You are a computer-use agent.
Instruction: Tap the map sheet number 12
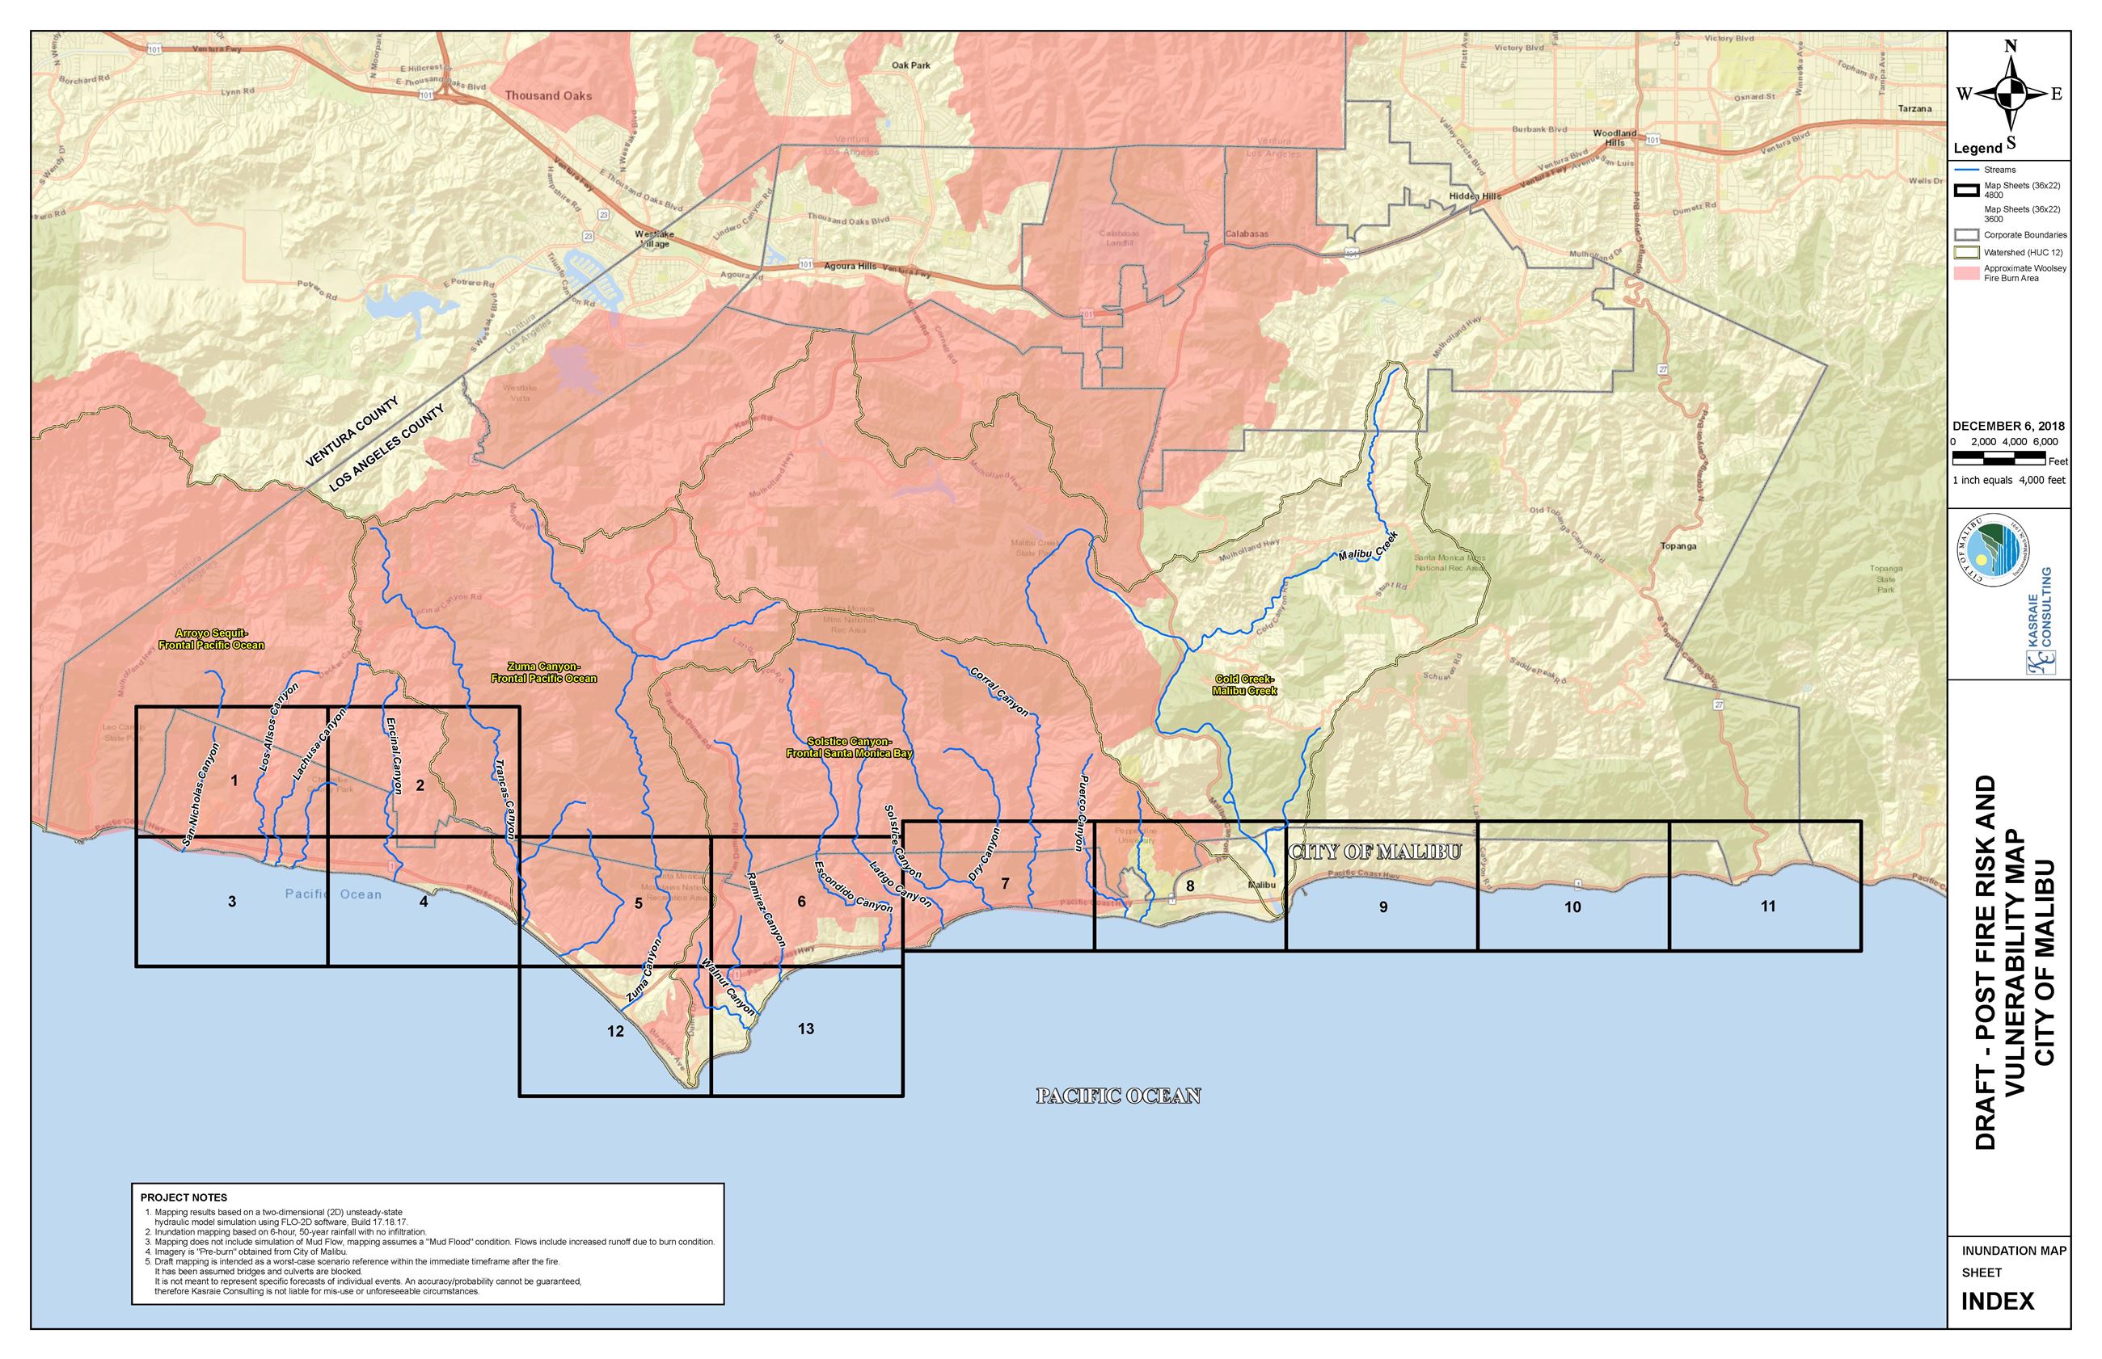click(x=615, y=1031)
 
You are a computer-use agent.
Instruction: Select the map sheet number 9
click(x=1382, y=907)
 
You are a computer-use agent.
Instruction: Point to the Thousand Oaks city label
click(x=548, y=95)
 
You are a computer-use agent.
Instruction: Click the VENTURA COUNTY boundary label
click(x=352, y=431)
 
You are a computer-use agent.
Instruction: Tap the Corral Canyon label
click(x=999, y=690)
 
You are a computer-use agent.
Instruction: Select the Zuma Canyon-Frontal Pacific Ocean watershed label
click(x=544, y=672)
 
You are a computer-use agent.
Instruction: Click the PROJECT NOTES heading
click(x=184, y=1197)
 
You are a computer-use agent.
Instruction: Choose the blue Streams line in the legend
click(x=1965, y=170)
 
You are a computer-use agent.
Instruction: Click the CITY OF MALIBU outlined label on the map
click(x=1374, y=852)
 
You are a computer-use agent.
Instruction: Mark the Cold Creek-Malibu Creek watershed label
click(x=1245, y=685)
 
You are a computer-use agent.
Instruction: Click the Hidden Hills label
click(x=1475, y=196)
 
